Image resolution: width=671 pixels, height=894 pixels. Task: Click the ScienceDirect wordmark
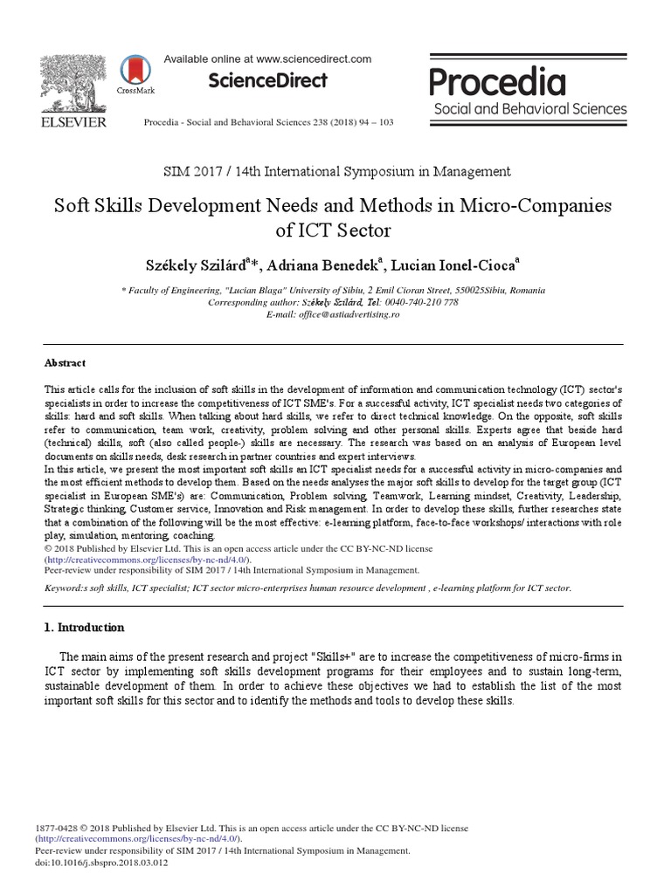[267, 81]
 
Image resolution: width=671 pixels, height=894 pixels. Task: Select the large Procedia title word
[497, 83]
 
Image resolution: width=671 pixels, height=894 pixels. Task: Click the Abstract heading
[65, 363]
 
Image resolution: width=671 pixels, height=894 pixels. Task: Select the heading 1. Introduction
[84, 627]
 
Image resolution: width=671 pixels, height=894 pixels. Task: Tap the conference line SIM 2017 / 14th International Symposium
[335, 172]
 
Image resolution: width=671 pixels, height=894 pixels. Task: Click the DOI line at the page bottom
[101, 862]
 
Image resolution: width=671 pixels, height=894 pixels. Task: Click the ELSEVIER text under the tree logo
[73, 122]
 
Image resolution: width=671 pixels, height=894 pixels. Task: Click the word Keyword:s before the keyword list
[70, 588]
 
